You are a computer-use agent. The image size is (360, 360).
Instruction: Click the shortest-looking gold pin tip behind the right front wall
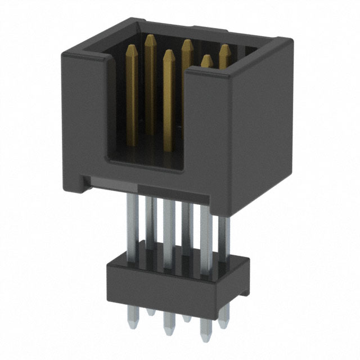coord(207,58)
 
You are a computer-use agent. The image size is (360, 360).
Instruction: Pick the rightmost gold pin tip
coord(225,48)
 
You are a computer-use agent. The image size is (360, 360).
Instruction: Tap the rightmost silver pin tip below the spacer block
coord(224,325)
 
